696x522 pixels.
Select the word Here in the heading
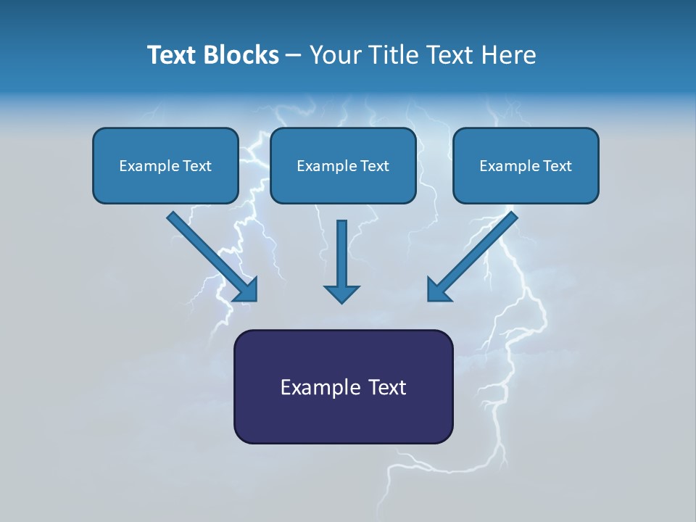click(x=508, y=55)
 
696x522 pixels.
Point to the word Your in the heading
click(x=336, y=55)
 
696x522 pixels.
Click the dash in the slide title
click(x=294, y=56)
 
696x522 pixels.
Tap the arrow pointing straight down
click(x=341, y=254)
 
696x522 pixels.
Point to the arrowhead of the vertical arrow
click(x=341, y=293)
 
